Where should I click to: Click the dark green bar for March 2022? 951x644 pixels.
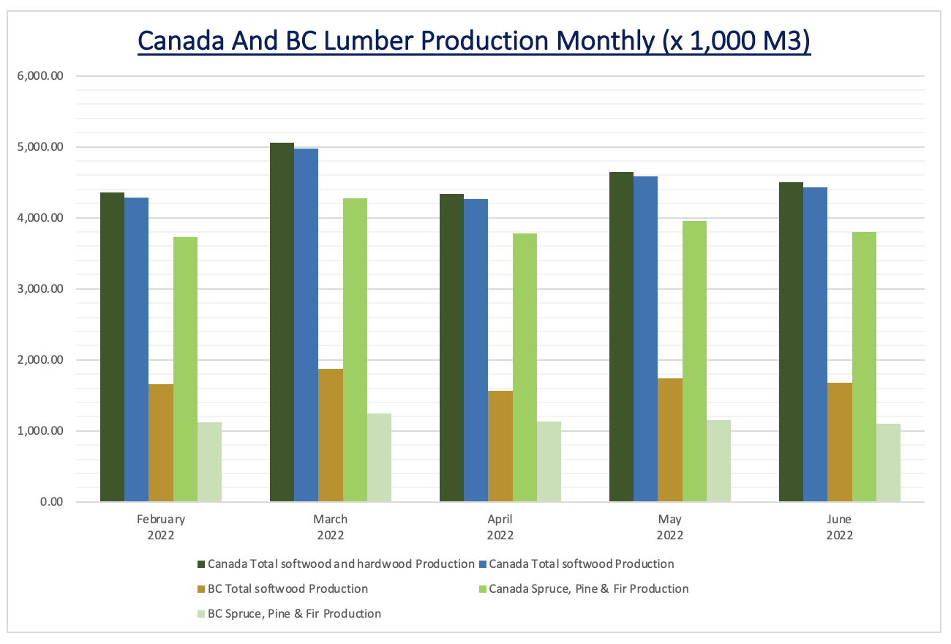tap(282, 322)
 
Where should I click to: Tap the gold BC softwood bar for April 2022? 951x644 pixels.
tap(500, 446)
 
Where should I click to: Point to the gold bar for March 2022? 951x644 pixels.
tap(331, 435)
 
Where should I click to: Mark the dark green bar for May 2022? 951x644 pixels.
tap(621, 337)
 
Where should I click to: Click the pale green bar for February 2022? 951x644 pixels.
tap(209, 462)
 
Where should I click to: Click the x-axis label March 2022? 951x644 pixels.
tap(331, 527)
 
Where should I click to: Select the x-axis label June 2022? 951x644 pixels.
tap(839, 527)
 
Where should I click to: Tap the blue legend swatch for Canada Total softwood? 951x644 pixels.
tap(482, 564)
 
